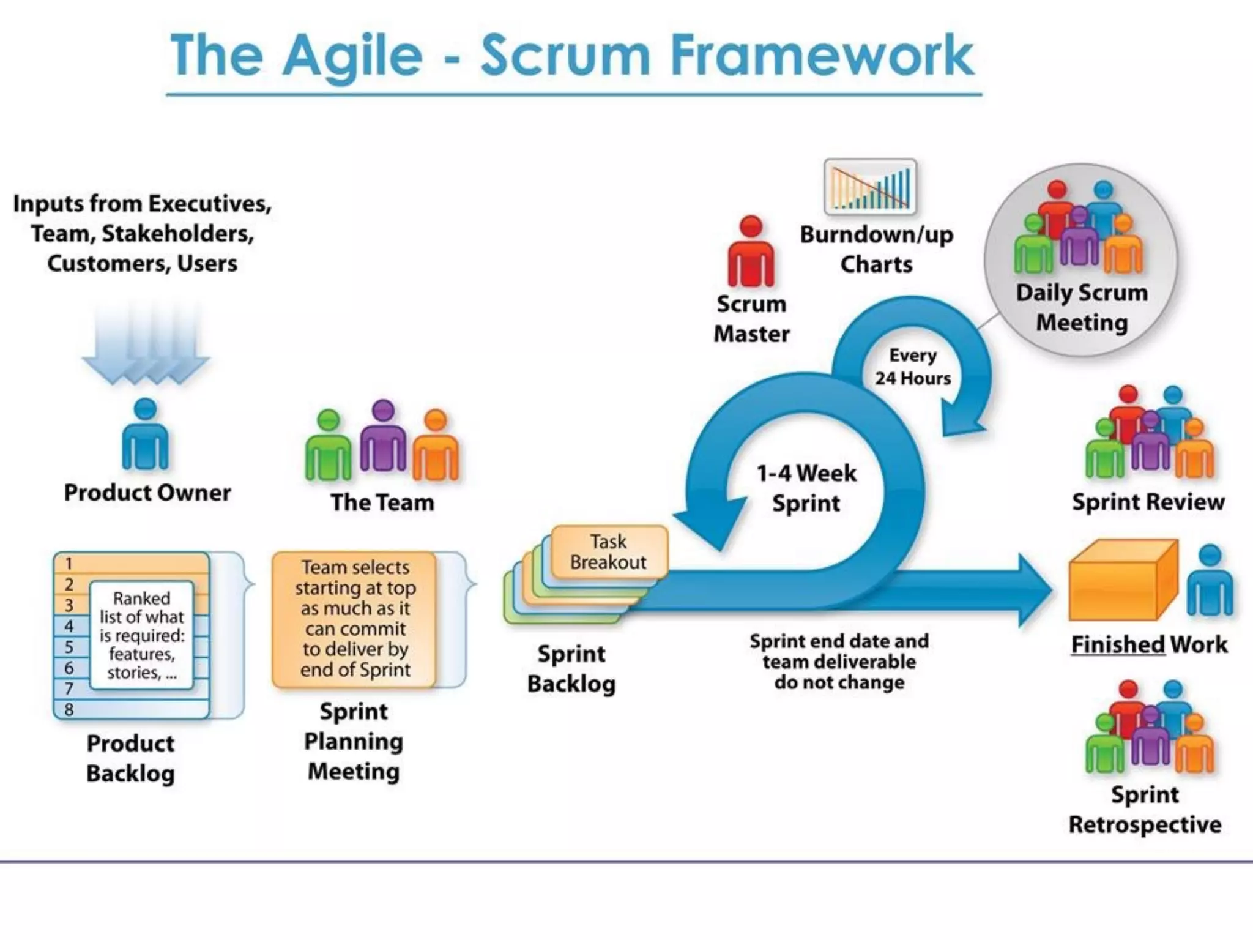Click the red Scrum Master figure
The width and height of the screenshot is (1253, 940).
751,254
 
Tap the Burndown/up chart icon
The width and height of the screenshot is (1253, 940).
870,187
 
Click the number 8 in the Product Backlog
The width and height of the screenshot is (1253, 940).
69,709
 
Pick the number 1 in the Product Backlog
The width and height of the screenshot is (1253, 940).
69,563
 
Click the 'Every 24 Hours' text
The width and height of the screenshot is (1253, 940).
912,367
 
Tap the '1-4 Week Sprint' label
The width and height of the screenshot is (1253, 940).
806,488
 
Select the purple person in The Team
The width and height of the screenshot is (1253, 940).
383,438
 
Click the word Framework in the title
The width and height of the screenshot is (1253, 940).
821,56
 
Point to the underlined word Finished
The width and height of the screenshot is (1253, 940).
1117,644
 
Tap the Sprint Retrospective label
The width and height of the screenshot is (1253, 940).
1145,810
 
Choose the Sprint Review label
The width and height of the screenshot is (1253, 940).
1148,502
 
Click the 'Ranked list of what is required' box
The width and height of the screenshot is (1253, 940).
142,635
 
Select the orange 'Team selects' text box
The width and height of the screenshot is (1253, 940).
355,619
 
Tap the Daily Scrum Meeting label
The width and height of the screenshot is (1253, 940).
1081,308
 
